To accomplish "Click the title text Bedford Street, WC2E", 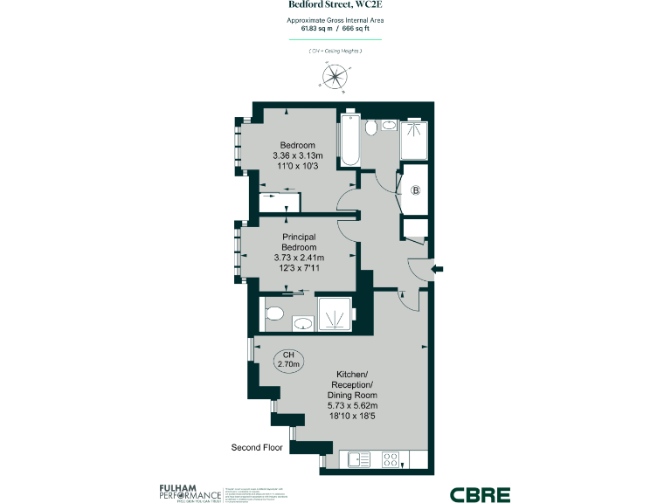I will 335,5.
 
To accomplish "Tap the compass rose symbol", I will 335,78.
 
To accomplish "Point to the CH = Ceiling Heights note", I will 335,52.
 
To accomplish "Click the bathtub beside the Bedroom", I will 349,141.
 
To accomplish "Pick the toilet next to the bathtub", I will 371,129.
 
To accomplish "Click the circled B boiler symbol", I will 416,190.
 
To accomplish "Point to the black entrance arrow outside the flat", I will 439,268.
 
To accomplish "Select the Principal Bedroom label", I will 299,241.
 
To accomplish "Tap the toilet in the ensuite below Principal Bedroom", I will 272,314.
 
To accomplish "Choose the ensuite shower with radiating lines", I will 333,315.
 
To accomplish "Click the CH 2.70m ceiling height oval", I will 288,358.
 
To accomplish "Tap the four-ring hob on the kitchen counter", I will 391,458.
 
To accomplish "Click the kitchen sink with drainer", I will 357,458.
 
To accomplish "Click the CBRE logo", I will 480,494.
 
